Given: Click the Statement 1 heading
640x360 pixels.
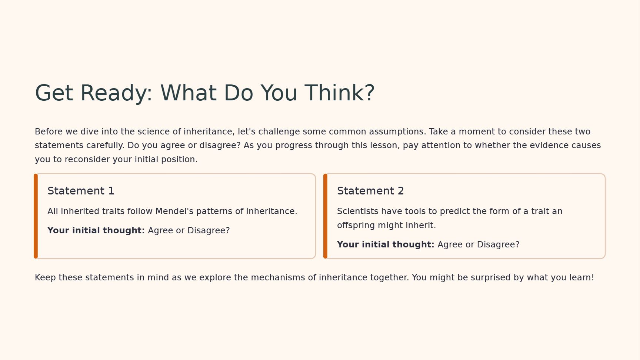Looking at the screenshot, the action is coord(81,191).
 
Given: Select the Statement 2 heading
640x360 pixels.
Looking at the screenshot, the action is coord(370,191).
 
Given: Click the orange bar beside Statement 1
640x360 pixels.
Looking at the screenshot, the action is coord(36,216).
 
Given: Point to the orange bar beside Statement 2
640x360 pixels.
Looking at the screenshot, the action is coord(325,216).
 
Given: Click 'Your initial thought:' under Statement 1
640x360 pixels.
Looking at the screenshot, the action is coord(96,230).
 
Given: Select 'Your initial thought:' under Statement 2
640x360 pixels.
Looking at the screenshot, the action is coord(386,244).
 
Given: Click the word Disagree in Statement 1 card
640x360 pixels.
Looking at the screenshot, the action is coord(209,231).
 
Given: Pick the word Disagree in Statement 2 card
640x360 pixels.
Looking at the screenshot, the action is coord(498,245).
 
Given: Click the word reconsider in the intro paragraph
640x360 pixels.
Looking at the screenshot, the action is coord(87,159).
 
